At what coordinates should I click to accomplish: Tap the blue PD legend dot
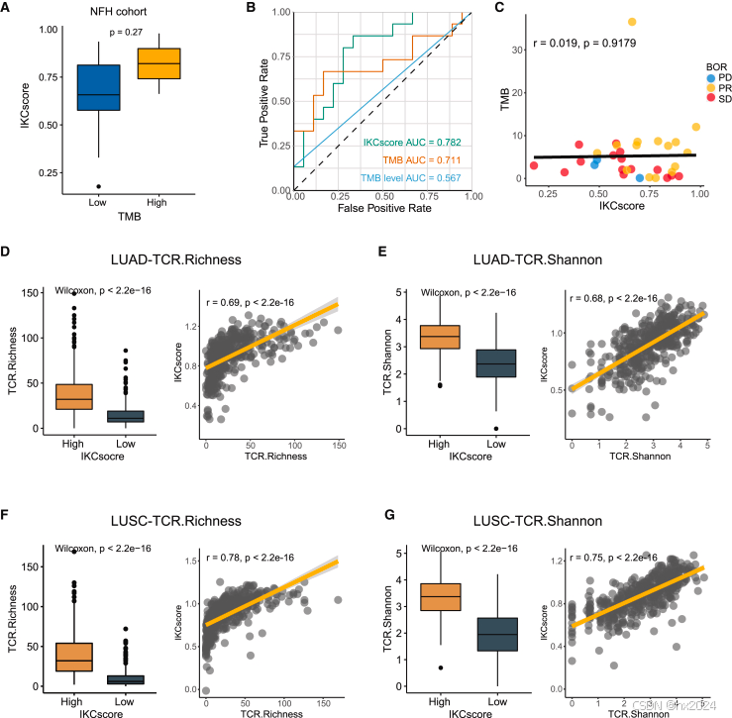coord(682,76)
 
